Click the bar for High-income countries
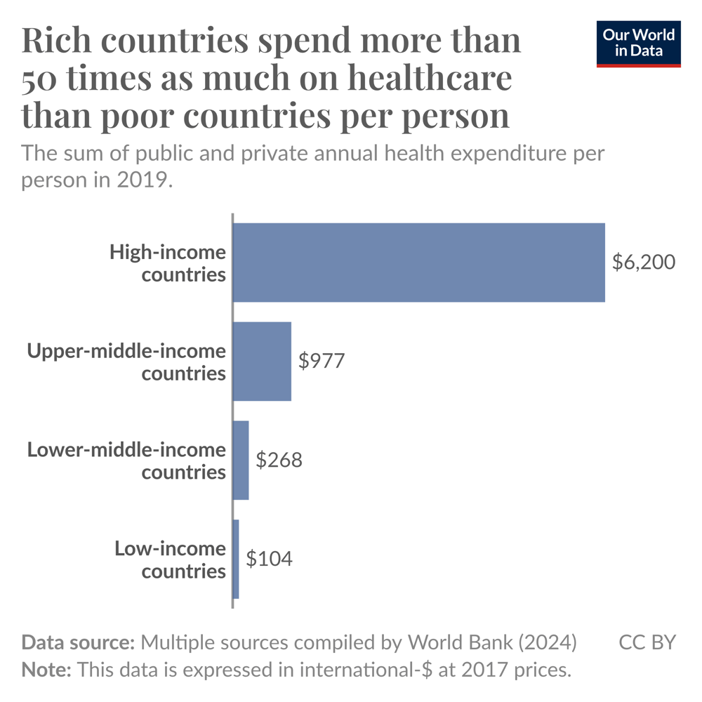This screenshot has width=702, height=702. coord(418,263)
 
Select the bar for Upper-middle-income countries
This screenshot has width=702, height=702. coord(262,362)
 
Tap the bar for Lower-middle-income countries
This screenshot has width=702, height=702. coord(241,461)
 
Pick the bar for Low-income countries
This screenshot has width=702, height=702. coord(236,559)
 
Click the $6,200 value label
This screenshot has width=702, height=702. coord(643,263)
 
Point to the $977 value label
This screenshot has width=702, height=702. coord(322,362)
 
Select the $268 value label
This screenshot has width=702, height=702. coord(279,461)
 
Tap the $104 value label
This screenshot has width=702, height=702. coord(269,559)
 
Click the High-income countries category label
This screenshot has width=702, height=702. coord(168,263)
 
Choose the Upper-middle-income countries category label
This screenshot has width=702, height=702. coord(127,362)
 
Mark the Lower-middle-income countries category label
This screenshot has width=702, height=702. coord(127,461)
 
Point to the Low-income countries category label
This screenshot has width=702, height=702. coord(171,559)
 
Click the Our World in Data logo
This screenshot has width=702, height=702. coord(639,44)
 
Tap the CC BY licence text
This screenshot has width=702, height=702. coord(647,642)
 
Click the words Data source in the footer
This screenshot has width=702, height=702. coord(78,642)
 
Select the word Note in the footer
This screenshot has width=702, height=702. coord(46,670)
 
